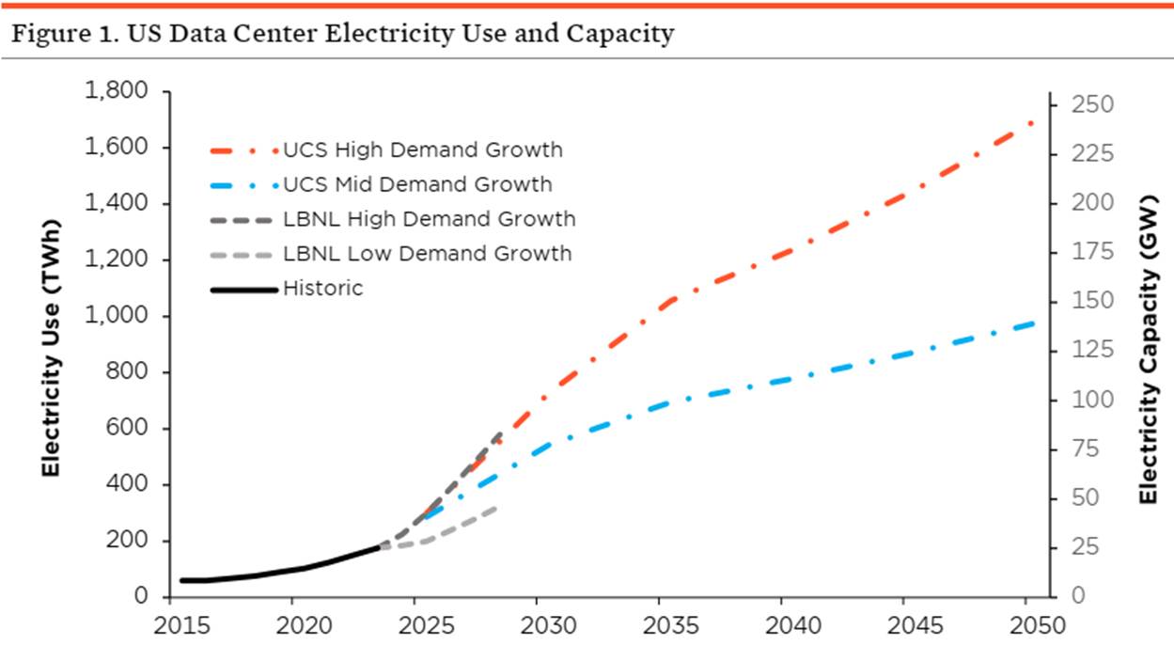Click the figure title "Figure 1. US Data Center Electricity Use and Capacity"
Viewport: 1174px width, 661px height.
(x=342, y=35)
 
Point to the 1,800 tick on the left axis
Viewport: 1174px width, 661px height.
(x=117, y=91)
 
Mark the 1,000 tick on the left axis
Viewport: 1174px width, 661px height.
(x=117, y=316)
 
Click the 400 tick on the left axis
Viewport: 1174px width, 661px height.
(x=128, y=485)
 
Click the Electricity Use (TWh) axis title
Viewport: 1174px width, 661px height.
(x=51, y=344)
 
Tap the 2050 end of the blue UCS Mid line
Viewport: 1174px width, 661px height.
(x=1033, y=323)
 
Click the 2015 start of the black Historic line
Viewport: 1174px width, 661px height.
(x=181, y=580)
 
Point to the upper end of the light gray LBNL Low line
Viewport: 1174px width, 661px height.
(x=496, y=508)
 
